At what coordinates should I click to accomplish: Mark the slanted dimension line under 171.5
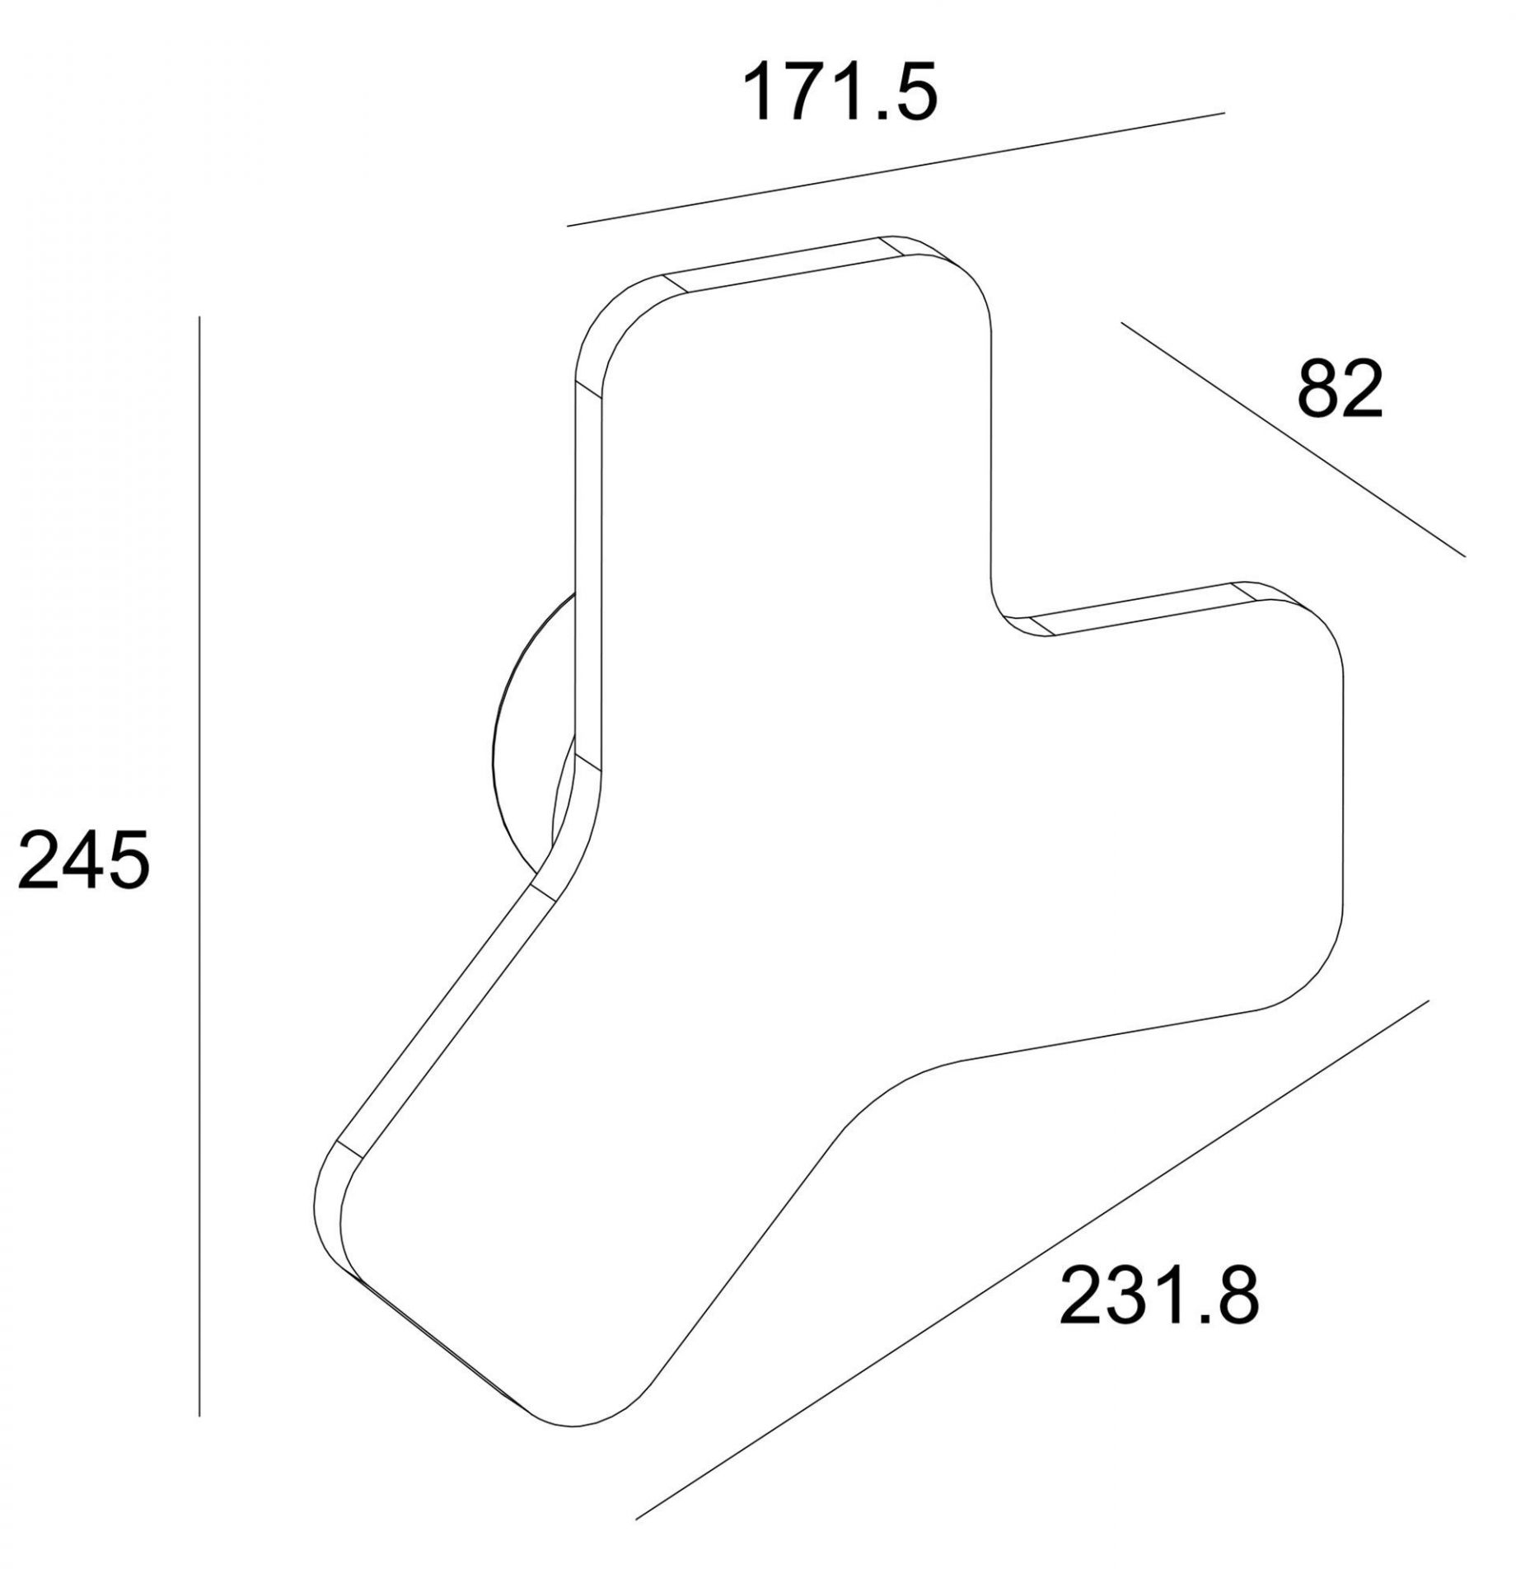896,168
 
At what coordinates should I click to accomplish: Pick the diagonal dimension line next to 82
1293,438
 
